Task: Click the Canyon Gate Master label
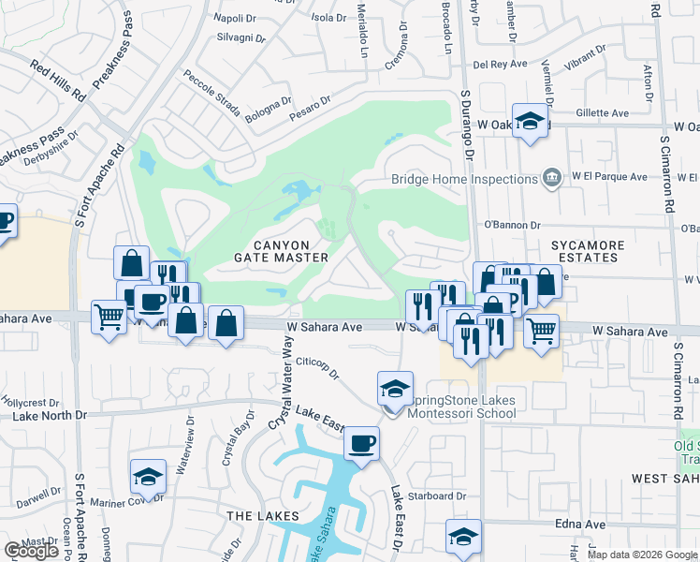[281, 251]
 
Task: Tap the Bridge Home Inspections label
[462, 179]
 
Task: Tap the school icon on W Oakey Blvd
[531, 122]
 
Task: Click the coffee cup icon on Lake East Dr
[361, 444]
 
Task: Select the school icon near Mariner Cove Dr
[147, 478]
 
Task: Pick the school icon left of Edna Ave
[463, 537]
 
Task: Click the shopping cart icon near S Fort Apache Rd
[109, 318]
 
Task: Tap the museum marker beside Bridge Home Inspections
[552, 178]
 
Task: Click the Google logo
[31, 552]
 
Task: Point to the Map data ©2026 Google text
[643, 555]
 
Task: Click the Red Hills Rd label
[57, 81]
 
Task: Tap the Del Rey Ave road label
[497, 65]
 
